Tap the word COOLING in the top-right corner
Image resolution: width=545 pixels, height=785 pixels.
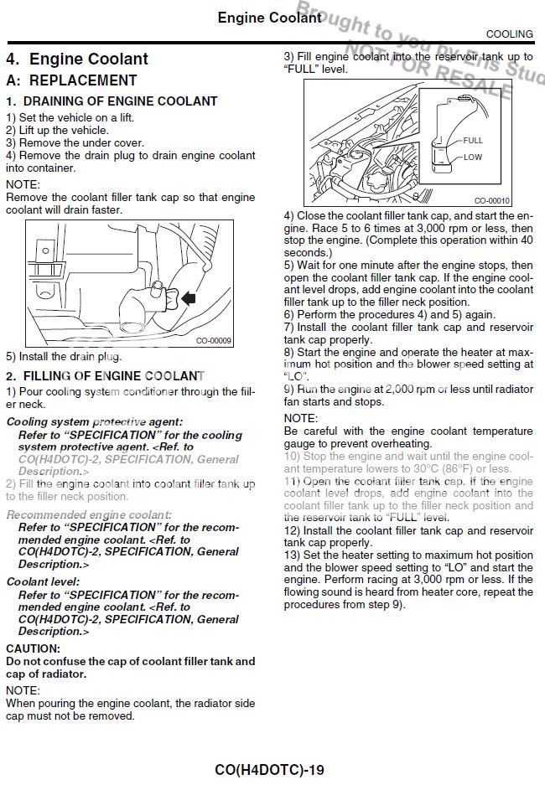[x=509, y=34]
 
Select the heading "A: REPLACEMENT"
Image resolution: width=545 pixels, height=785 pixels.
[x=71, y=81]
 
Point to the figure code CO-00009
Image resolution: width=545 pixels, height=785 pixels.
[x=214, y=341]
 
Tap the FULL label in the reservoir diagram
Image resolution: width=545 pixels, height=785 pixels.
[x=473, y=141]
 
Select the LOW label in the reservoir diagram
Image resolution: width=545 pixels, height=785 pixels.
[x=473, y=157]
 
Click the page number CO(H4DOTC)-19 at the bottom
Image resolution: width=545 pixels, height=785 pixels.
[x=269, y=769]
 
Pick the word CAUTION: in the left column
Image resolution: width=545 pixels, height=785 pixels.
[x=34, y=648]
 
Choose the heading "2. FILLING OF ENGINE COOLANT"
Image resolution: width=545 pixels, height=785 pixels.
[x=105, y=376]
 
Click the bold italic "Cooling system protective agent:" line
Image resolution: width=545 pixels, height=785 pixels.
[x=94, y=422]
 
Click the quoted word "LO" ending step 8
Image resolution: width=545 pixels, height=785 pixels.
[x=293, y=376]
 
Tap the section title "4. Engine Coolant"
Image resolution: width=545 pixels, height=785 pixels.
[x=77, y=59]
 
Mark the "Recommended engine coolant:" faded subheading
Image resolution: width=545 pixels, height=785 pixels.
[x=89, y=514]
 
